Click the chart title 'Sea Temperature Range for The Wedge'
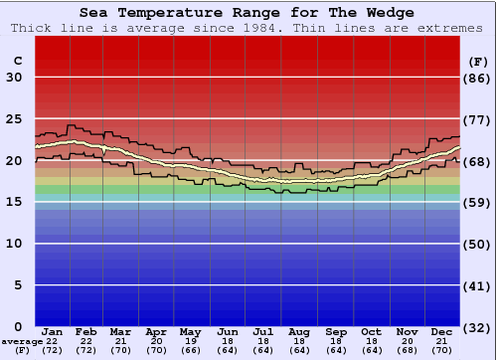[x=247, y=13]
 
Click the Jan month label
[x=53, y=331]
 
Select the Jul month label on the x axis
[x=263, y=331]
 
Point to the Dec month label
[x=442, y=331]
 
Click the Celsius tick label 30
[x=14, y=78]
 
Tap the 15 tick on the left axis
[x=14, y=202]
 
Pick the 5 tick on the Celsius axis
[x=18, y=285]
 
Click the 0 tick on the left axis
[x=18, y=327]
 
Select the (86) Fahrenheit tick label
[x=478, y=78]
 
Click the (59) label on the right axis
[x=478, y=202]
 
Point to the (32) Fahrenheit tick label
[x=478, y=327]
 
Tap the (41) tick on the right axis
[x=478, y=285]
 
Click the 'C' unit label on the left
[x=18, y=61]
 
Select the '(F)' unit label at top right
[x=477, y=61]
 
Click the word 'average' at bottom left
[x=22, y=342]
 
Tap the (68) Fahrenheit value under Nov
[x=407, y=350]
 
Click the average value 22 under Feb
[x=86, y=341]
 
